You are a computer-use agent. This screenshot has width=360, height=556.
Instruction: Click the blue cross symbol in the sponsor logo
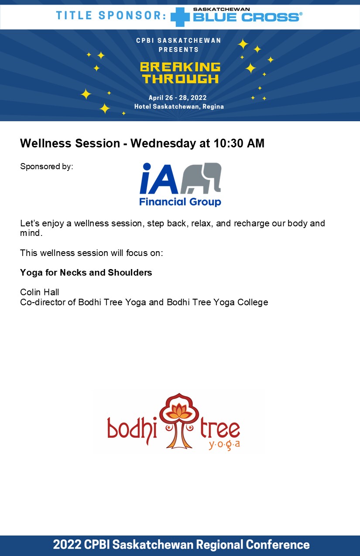point(180,17)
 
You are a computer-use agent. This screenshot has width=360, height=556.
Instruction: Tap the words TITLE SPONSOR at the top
point(111,15)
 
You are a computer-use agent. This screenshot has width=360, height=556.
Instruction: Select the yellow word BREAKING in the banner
point(180,67)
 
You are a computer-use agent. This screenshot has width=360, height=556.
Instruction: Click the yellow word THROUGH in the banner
point(180,78)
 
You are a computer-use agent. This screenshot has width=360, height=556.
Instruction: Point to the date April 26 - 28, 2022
point(178,98)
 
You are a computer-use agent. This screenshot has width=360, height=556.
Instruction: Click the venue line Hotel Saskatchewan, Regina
point(179,106)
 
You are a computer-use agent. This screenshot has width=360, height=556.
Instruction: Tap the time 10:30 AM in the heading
point(239,143)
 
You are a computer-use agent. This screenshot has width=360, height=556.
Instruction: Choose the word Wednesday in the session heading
point(163,143)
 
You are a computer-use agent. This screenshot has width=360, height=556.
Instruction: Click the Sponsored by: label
point(47,166)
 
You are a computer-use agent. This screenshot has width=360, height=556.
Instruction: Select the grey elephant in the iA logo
point(201,178)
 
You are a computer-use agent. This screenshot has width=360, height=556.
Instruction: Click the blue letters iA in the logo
point(159,178)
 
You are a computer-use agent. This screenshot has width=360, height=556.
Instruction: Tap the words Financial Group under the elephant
point(180,202)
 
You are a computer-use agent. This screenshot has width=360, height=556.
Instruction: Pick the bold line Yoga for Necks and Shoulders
point(86,273)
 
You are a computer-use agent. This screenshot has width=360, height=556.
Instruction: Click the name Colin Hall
point(40,292)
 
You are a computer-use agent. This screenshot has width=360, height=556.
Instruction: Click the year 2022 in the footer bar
point(67,545)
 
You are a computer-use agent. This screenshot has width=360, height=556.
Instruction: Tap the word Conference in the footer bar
point(278,545)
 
